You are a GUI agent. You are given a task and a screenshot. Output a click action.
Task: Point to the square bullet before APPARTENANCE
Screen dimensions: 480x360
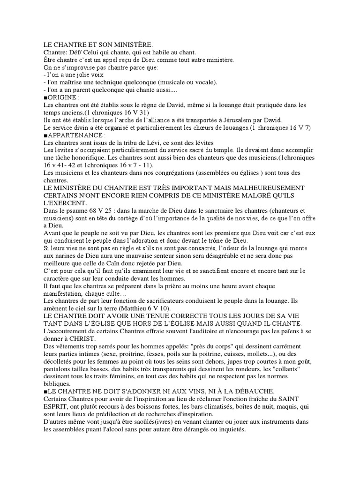pyautogui.click(x=45, y=135)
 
